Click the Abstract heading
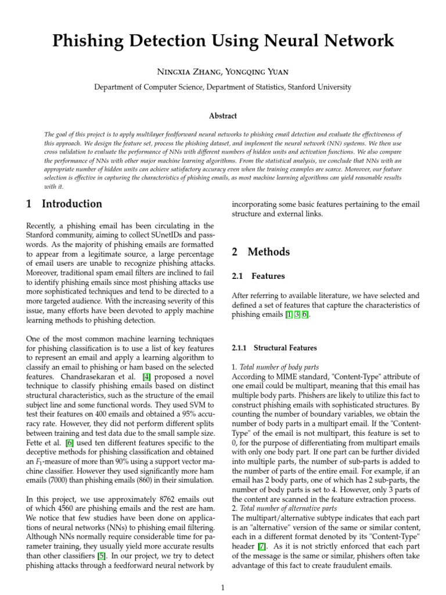(222, 116)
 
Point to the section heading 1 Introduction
(64, 204)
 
